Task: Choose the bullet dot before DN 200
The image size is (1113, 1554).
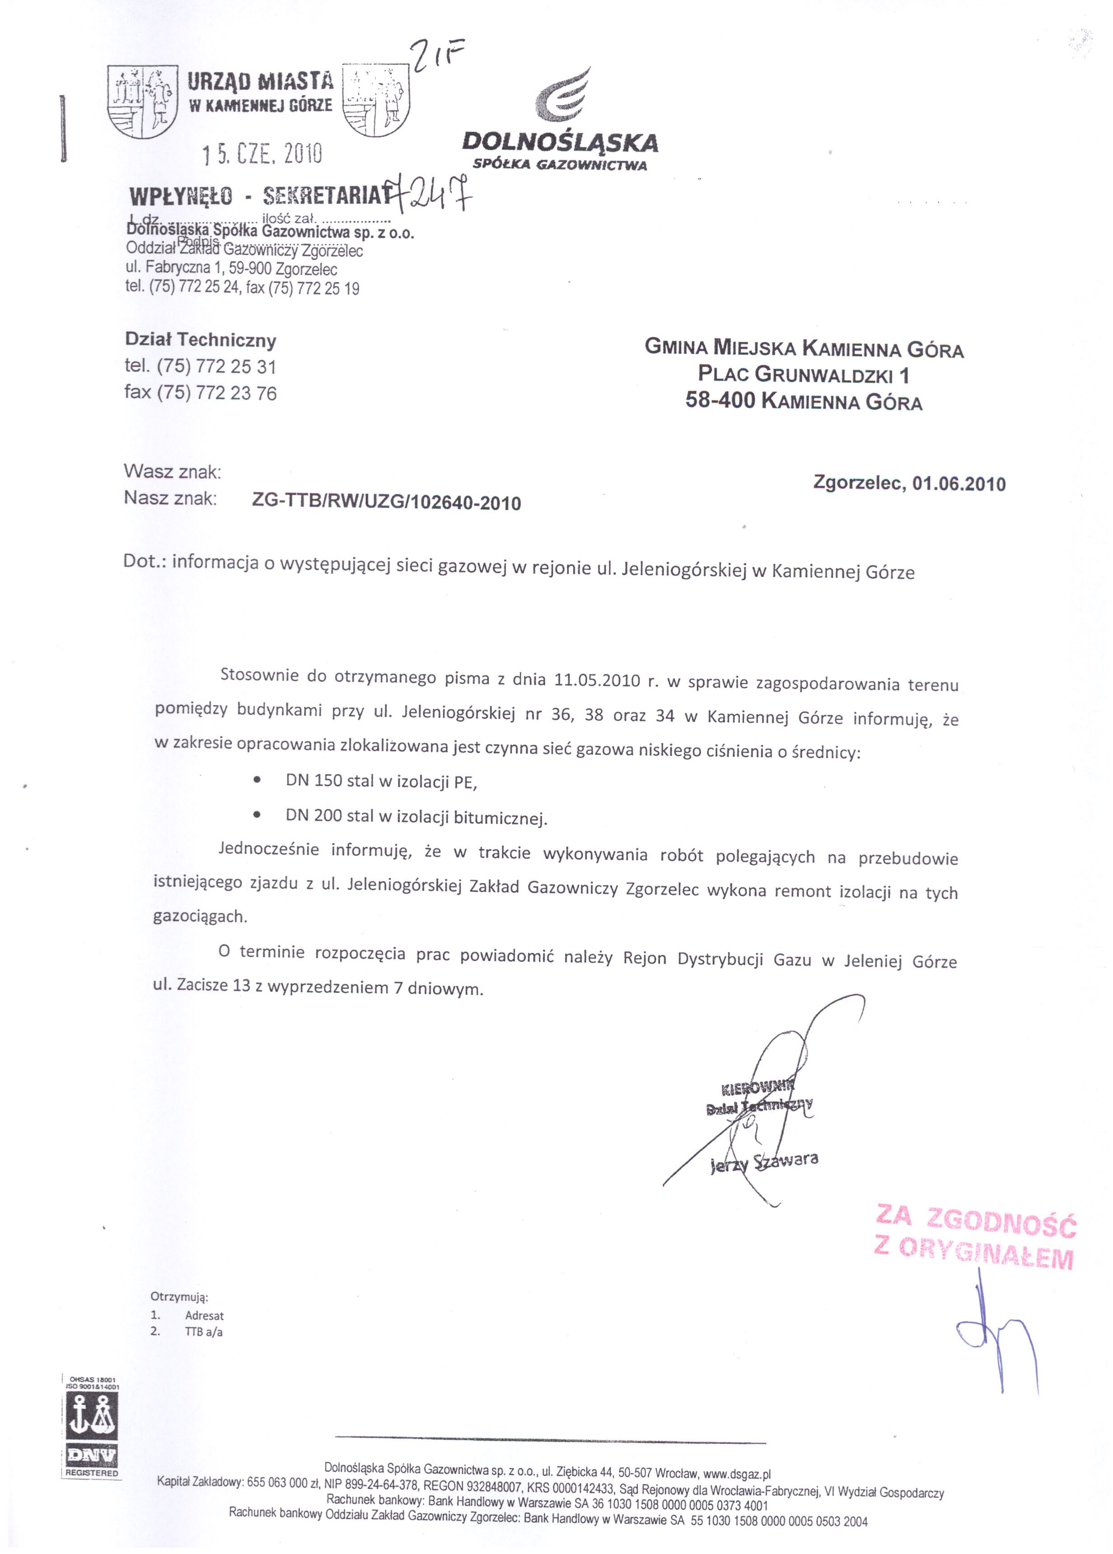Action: tap(257, 814)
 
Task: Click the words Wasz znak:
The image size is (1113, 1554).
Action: tap(172, 472)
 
